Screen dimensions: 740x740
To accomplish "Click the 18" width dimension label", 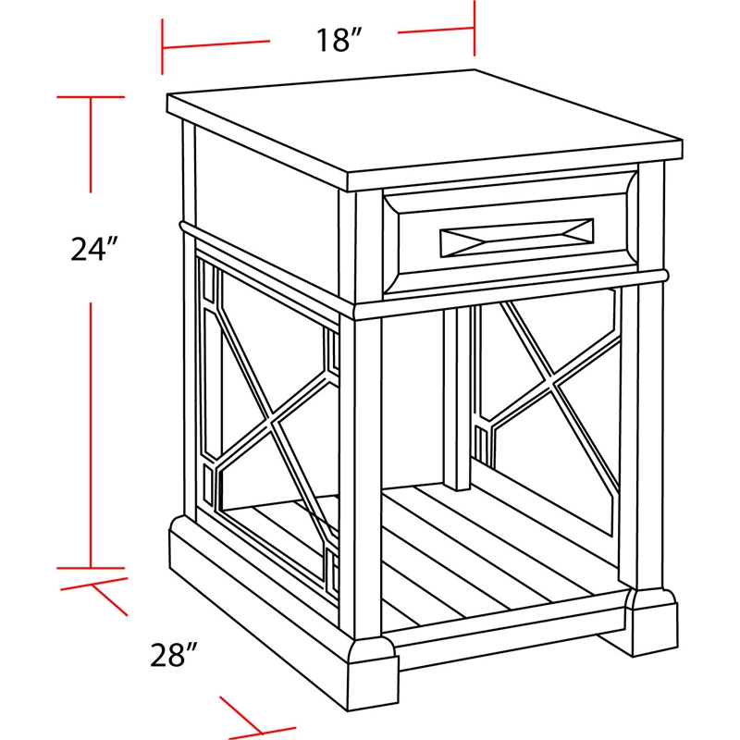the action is [339, 40].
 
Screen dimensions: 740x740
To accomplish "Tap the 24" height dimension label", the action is [93, 249].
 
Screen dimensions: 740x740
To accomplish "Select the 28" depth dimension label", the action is [173, 655].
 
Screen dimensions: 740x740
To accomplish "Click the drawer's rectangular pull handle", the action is [517, 238].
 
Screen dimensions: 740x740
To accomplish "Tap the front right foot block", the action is [652, 622].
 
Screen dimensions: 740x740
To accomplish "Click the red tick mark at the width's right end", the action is [475, 28].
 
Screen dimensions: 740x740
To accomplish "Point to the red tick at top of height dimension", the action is [91, 97].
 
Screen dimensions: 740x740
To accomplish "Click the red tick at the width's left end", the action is [163, 47].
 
